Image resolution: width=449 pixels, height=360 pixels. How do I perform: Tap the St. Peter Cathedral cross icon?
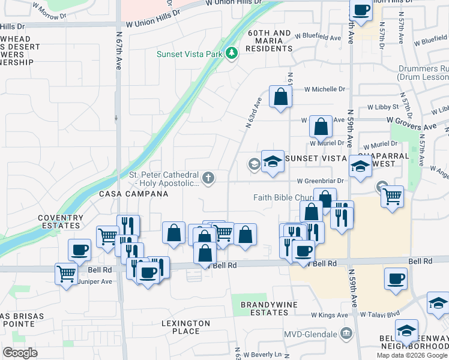pos(208,178)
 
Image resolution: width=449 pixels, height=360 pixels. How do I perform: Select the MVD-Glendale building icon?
pos(346,333)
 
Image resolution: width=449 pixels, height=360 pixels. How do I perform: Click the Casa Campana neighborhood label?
pos(133,194)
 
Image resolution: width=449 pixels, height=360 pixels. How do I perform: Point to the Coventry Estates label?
pos(60,221)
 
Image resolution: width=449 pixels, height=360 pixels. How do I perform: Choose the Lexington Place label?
pos(185,327)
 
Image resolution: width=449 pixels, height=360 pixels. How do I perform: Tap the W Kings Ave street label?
pos(329,315)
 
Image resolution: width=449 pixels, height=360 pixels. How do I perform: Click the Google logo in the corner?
pos(20,352)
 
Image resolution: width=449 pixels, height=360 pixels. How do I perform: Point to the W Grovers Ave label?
pos(411,127)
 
